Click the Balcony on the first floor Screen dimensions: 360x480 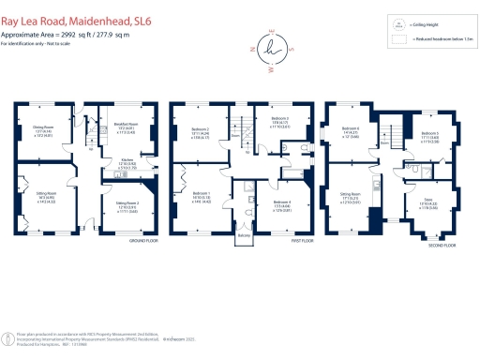pos(245,239)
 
